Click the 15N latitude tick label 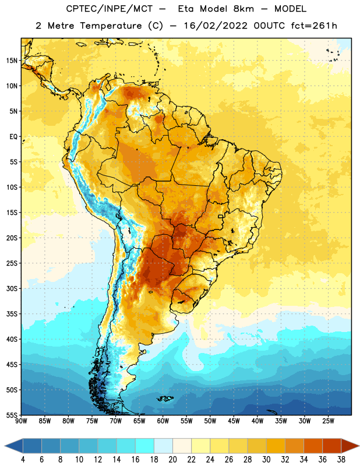12,61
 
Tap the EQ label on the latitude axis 13,137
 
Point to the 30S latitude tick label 12,288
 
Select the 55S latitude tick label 12,415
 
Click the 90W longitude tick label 21,421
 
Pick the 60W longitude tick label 163,421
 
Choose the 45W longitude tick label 234,421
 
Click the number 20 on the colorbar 172,460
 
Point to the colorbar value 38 341,460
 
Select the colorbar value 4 23,460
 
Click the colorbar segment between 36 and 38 332,446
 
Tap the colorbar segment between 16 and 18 144,446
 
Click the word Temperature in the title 111,26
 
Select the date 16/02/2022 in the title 216,26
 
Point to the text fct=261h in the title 314,26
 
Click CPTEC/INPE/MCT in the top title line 109,9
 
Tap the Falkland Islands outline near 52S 165,398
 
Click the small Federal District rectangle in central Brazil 221,216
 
